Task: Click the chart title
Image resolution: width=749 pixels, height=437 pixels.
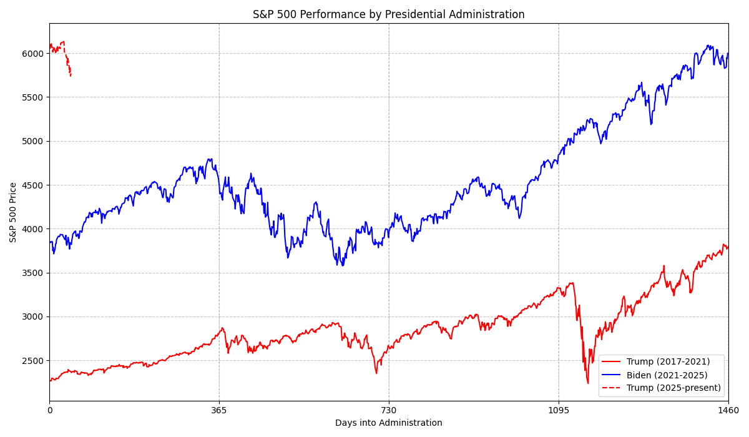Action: click(x=388, y=14)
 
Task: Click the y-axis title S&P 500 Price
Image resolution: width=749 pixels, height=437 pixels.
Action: click(x=13, y=212)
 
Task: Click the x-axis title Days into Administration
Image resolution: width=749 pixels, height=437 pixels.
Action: click(x=388, y=423)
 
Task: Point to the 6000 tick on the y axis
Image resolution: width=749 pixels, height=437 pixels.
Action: click(x=34, y=54)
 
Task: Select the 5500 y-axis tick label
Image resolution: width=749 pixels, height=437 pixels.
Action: click(x=34, y=97)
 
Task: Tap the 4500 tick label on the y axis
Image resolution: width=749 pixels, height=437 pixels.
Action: click(x=34, y=185)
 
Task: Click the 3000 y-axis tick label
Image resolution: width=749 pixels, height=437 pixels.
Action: click(x=34, y=317)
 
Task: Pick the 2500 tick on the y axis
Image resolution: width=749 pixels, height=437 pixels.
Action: click(x=34, y=361)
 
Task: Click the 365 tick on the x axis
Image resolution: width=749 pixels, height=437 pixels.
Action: click(x=219, y=410)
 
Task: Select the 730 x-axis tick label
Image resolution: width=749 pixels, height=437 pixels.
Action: click(x=389, y=410)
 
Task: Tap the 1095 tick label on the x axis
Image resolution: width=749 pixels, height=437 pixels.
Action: click(x=559, y=410)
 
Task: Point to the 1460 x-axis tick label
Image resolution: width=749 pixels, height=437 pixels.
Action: click(x=728, y=410)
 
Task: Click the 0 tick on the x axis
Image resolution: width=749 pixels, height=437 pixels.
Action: click(x=50, y=410)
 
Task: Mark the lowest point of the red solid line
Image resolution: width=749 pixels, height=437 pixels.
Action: click(x=588, y=383)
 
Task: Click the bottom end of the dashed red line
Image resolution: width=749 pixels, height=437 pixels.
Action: click(x=71, y=76)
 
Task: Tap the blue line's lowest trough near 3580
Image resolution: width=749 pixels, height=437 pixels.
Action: click(x=343, y=266)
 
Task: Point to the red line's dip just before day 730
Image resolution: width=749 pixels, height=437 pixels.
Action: click(x=376, y=373)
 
